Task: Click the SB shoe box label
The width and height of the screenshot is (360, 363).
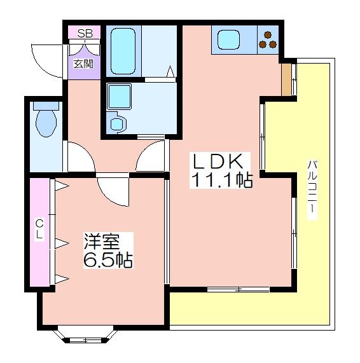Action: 85,34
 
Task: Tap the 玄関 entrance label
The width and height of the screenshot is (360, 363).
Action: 83,64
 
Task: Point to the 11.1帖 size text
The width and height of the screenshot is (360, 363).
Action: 221,180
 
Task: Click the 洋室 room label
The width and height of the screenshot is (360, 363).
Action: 102,241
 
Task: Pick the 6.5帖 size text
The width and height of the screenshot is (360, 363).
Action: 107,260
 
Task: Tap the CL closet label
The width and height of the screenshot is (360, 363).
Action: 39,229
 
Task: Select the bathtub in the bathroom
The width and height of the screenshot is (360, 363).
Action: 123,51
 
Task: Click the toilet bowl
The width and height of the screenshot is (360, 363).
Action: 46,120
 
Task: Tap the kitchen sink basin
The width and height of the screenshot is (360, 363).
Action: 228,39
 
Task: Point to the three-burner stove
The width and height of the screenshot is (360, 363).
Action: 268,40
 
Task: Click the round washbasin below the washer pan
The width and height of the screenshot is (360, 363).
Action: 116,123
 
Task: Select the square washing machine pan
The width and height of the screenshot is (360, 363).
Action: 119,96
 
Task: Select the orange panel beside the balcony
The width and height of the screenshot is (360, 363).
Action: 286,79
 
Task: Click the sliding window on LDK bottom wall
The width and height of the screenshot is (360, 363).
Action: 238,289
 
